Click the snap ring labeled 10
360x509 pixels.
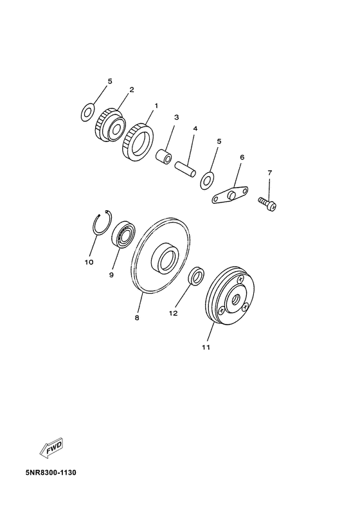tap(101, 226)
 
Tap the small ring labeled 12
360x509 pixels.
tap(196, 277)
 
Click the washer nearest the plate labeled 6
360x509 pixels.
tap(208, 178)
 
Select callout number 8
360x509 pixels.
tap(137, 317)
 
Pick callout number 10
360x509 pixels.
tap(89, 262)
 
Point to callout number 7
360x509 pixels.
tap(270, 173)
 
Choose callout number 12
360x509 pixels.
tap(172, 313)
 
